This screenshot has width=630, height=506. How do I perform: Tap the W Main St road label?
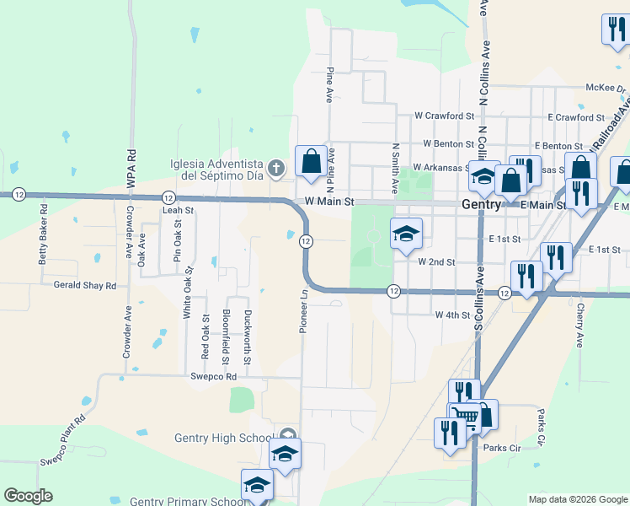pos(330,202)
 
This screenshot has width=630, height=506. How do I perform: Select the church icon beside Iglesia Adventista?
pos(275,170)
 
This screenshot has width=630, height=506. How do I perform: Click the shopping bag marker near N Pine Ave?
pos(311,161)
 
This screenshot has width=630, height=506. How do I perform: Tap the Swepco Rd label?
pos(213,376)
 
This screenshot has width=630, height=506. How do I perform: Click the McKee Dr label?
pos(606,88)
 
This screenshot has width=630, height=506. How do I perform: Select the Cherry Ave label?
pos(579,326)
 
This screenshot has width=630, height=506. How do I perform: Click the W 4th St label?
pos(451,315)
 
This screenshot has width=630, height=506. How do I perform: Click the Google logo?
pos(28,496)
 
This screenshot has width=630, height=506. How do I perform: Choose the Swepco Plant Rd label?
pos(64,439)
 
